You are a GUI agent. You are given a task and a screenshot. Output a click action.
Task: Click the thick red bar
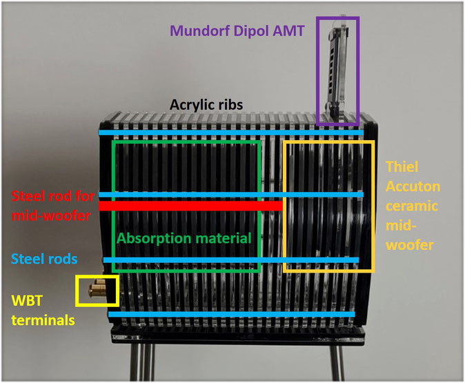coord(190,206)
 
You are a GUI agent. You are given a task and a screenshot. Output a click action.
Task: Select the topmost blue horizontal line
coord(230,132)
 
